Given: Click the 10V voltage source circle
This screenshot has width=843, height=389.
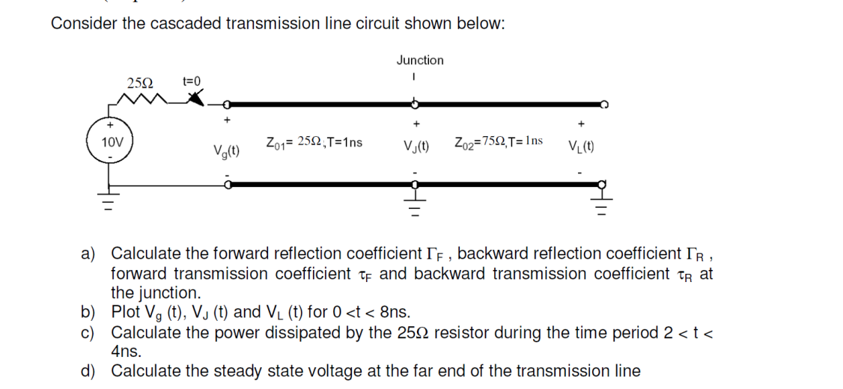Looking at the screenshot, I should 110,141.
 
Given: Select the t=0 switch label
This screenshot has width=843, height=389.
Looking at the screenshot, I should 192,81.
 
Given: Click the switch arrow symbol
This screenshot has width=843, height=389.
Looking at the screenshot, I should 195,98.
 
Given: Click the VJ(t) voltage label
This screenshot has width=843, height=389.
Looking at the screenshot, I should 416,146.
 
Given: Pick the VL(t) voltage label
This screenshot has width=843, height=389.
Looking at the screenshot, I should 582,146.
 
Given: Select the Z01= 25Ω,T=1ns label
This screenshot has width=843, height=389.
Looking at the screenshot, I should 314,142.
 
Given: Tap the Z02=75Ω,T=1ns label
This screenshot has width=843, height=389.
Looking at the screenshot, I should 499,142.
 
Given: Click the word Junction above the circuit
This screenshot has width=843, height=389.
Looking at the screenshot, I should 420,60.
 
